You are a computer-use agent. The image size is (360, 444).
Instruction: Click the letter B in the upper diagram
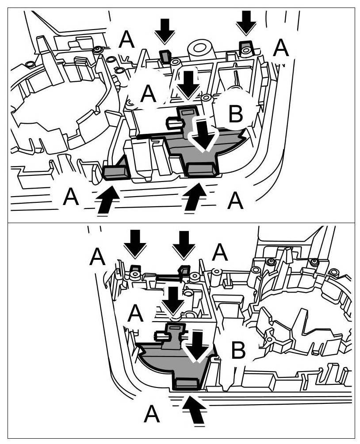click(235, 114)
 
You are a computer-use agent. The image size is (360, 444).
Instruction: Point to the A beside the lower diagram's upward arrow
click(152, 414)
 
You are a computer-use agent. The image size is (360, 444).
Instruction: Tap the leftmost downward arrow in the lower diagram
click(135, 243)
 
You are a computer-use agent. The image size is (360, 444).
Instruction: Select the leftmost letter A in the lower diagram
click(97, 256)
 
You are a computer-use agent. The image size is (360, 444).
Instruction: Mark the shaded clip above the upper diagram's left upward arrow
click(115, 171)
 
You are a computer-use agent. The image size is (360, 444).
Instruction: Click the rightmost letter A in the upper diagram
click(281, 48)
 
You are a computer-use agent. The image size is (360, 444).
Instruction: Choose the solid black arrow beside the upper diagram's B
click(189, 83)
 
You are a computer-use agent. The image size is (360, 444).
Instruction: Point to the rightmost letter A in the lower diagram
click(220, 253)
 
